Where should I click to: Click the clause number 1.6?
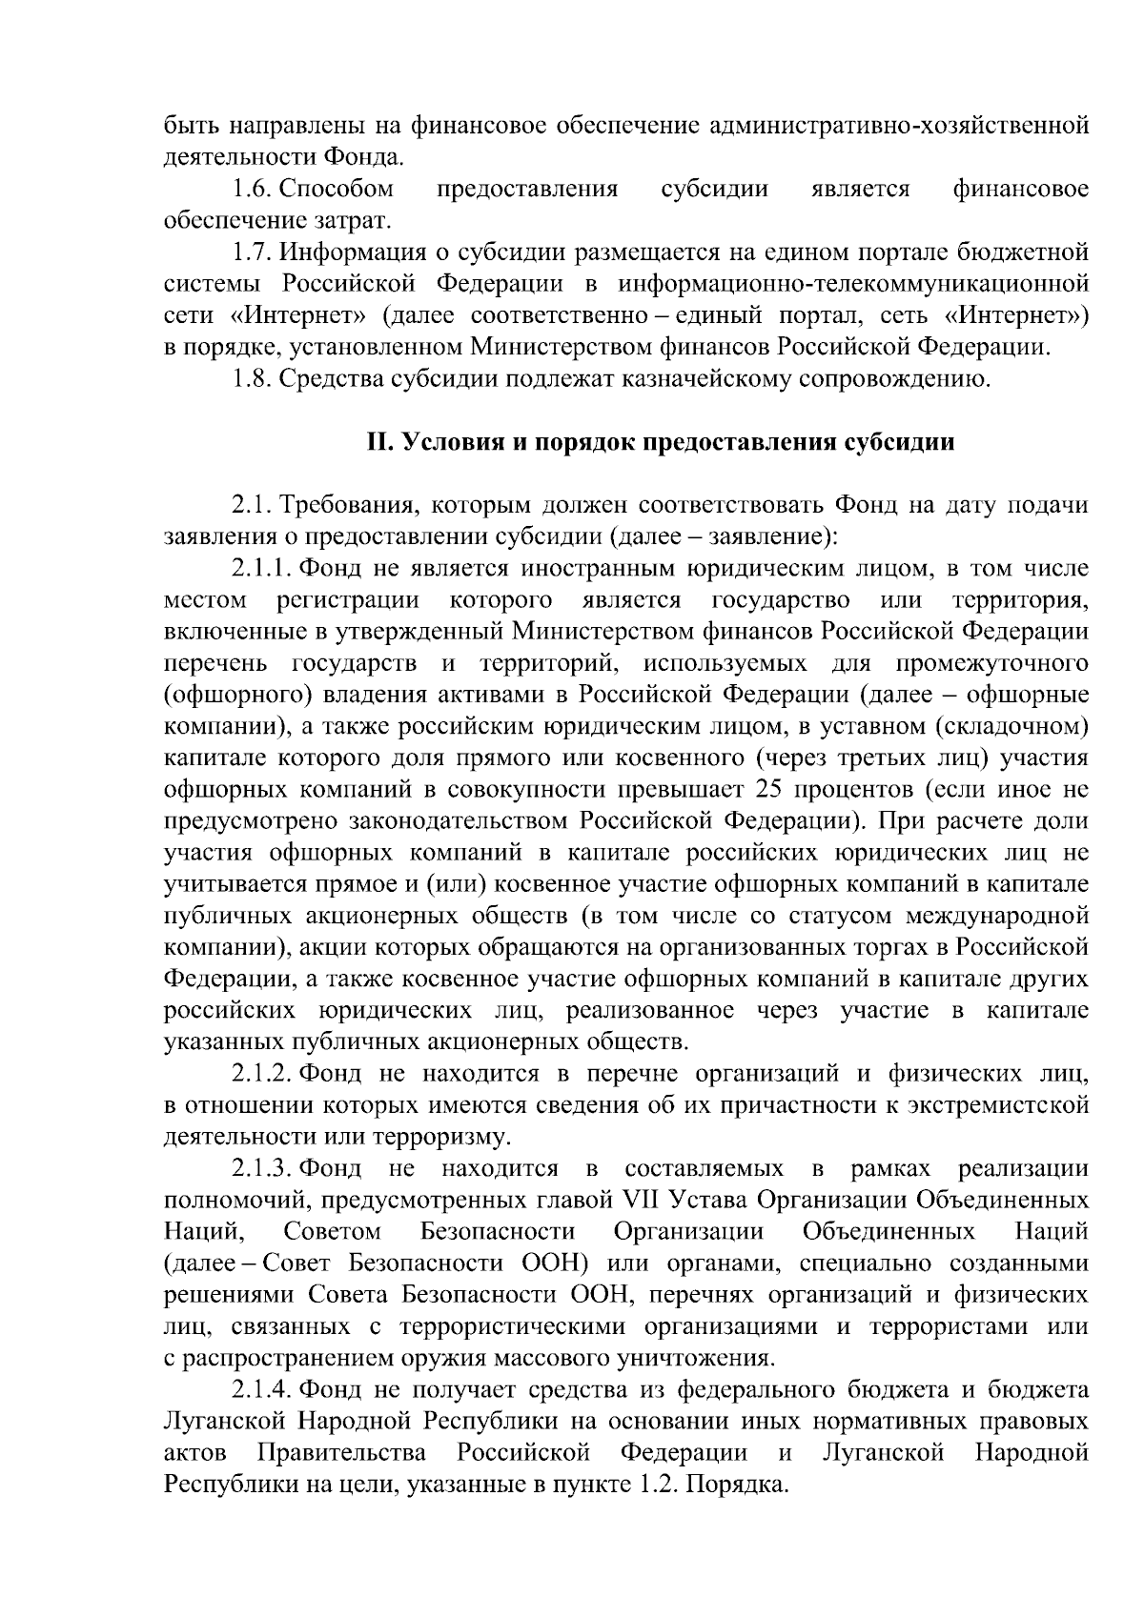coord(253,190)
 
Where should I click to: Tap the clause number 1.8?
coord(253,379)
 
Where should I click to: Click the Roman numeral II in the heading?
coord(380,443)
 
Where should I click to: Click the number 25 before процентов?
coord(767,790)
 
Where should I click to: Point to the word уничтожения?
coord(695,1358)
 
